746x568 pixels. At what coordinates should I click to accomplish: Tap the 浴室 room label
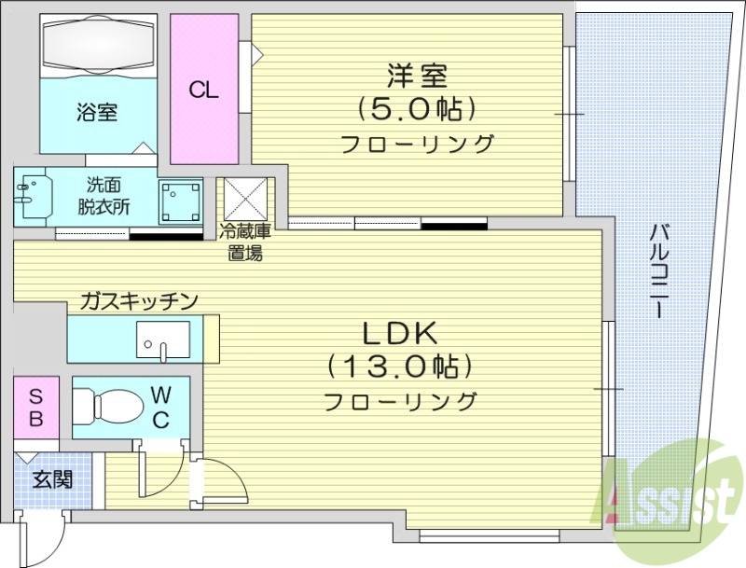click(x=97, y=113)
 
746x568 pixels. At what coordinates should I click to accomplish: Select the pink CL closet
click(x=203, y=90)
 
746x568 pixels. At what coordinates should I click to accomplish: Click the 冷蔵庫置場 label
click(x=246, y=242)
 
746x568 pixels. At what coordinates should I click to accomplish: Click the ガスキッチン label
click(x=139, y=300)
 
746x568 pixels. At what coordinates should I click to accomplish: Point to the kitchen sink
click(x=163, y=339)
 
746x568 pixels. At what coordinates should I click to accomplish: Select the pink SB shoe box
click(x=35, y=407)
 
